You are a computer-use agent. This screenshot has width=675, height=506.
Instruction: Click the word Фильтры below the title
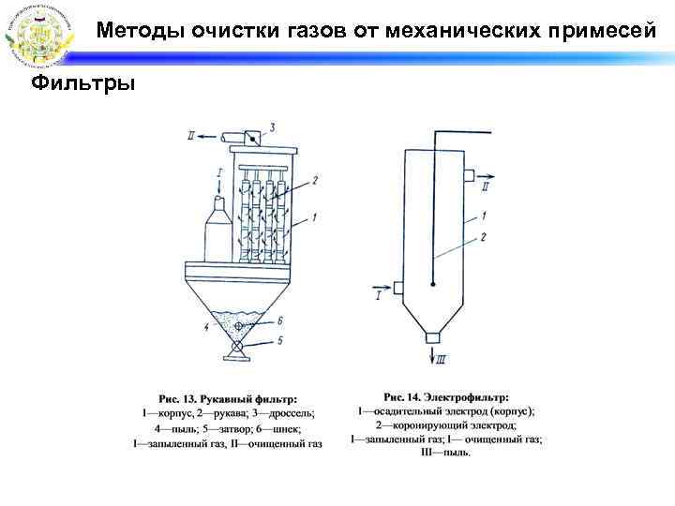(82, 83)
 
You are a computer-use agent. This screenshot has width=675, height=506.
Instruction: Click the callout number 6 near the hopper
(279, 320)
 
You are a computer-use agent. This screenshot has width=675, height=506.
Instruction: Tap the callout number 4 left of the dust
(204, 326)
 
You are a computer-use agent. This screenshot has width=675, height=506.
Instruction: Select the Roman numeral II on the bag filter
(191, 137)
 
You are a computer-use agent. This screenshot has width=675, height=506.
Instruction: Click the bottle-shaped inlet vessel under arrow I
(219, 229)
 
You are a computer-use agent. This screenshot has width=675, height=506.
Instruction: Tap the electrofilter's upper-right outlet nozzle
(468, 175)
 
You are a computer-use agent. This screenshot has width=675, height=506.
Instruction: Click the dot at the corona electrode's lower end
(431, 285)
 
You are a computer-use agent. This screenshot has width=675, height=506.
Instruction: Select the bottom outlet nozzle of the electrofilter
(431, 335)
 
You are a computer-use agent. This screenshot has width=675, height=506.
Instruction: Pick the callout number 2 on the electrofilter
(484, 238)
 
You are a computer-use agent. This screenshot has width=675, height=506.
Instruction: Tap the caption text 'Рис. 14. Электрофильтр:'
(446, 397)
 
